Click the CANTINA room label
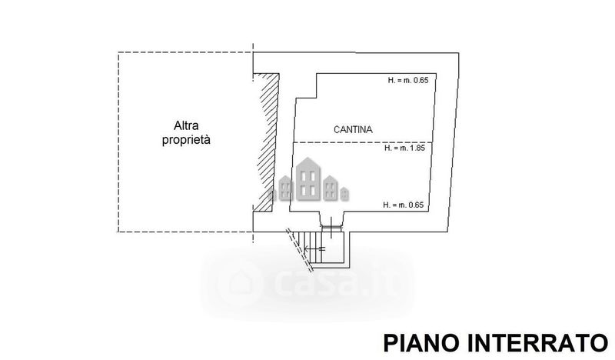pyautogui.click(x=353, y=129)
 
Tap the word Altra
pyautogui.click(x=186, y=125)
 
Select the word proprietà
pyautogui.click(x=186, y=140)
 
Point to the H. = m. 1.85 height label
pyautogui.click(x=404, y=148)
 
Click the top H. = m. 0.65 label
pyautogui.click(x=408, y=80)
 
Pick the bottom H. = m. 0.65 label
pyautogui.click(x=403, y=205)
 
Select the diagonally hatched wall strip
pyautogui.click(x=267, y=142)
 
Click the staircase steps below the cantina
pyautogui.click(x=310, y=248)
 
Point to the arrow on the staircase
pyautogui.click(x=315, y=248)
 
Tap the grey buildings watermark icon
pyautogui.click(x=308, y=180)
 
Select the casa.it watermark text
pyautogui.click(x=337, y=281)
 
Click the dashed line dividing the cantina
pyautogui.click(x=363, y=142)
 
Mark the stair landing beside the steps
pyautogui.click(x=333, y=248)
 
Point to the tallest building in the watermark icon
pyautogui.click(x=308, y=179)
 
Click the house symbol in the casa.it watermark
pyautogui.click(x=240, y=281)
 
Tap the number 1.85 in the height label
pyautogui.click(x=417, y=148)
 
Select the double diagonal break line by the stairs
pyautogui.click(x=300, y=250)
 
